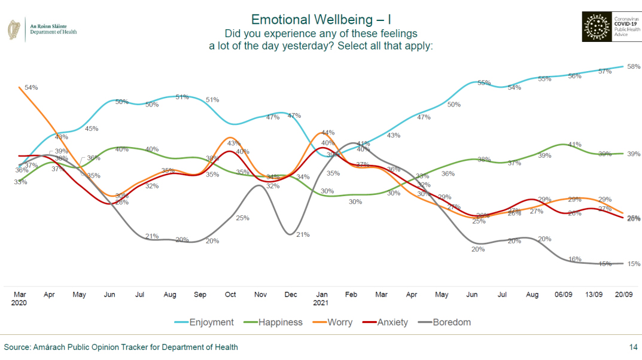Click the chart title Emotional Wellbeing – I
click(x=321, y=19)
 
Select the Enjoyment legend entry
click(x=211, y=322)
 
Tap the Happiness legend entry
click(x=280, y=322)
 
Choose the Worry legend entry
click(x=339, y=322)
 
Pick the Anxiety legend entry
click(x=392, y=322)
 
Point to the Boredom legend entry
click(x=452, y=322)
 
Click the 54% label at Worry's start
click(x=31, y=87)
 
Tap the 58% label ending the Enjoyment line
click(x=634, y=66)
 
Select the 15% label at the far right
click(x=634, y=264)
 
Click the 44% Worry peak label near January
click(x=327, y=132)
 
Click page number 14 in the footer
click(x=633, y=347)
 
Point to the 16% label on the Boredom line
click(x=575, y=259)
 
